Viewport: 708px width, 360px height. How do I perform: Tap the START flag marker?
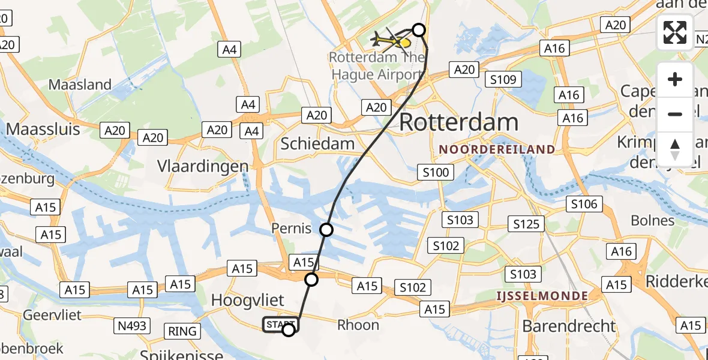(280, 325)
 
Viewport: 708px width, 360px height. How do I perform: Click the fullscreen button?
(675, 32)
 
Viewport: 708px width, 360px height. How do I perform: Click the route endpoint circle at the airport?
(419, 30)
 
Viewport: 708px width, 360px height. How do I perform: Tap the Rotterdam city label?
(458, 122)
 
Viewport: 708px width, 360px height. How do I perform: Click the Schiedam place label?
(317, 144)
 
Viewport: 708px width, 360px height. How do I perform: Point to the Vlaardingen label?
(203, 166)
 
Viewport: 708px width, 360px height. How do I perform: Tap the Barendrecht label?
(569, 326)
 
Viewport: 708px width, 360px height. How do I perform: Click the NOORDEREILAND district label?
(497, 149)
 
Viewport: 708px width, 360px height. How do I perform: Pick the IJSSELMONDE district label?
(542, 296)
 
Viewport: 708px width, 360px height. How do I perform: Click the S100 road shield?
(435, 173)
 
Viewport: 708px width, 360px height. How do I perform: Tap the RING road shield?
(182, 331)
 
